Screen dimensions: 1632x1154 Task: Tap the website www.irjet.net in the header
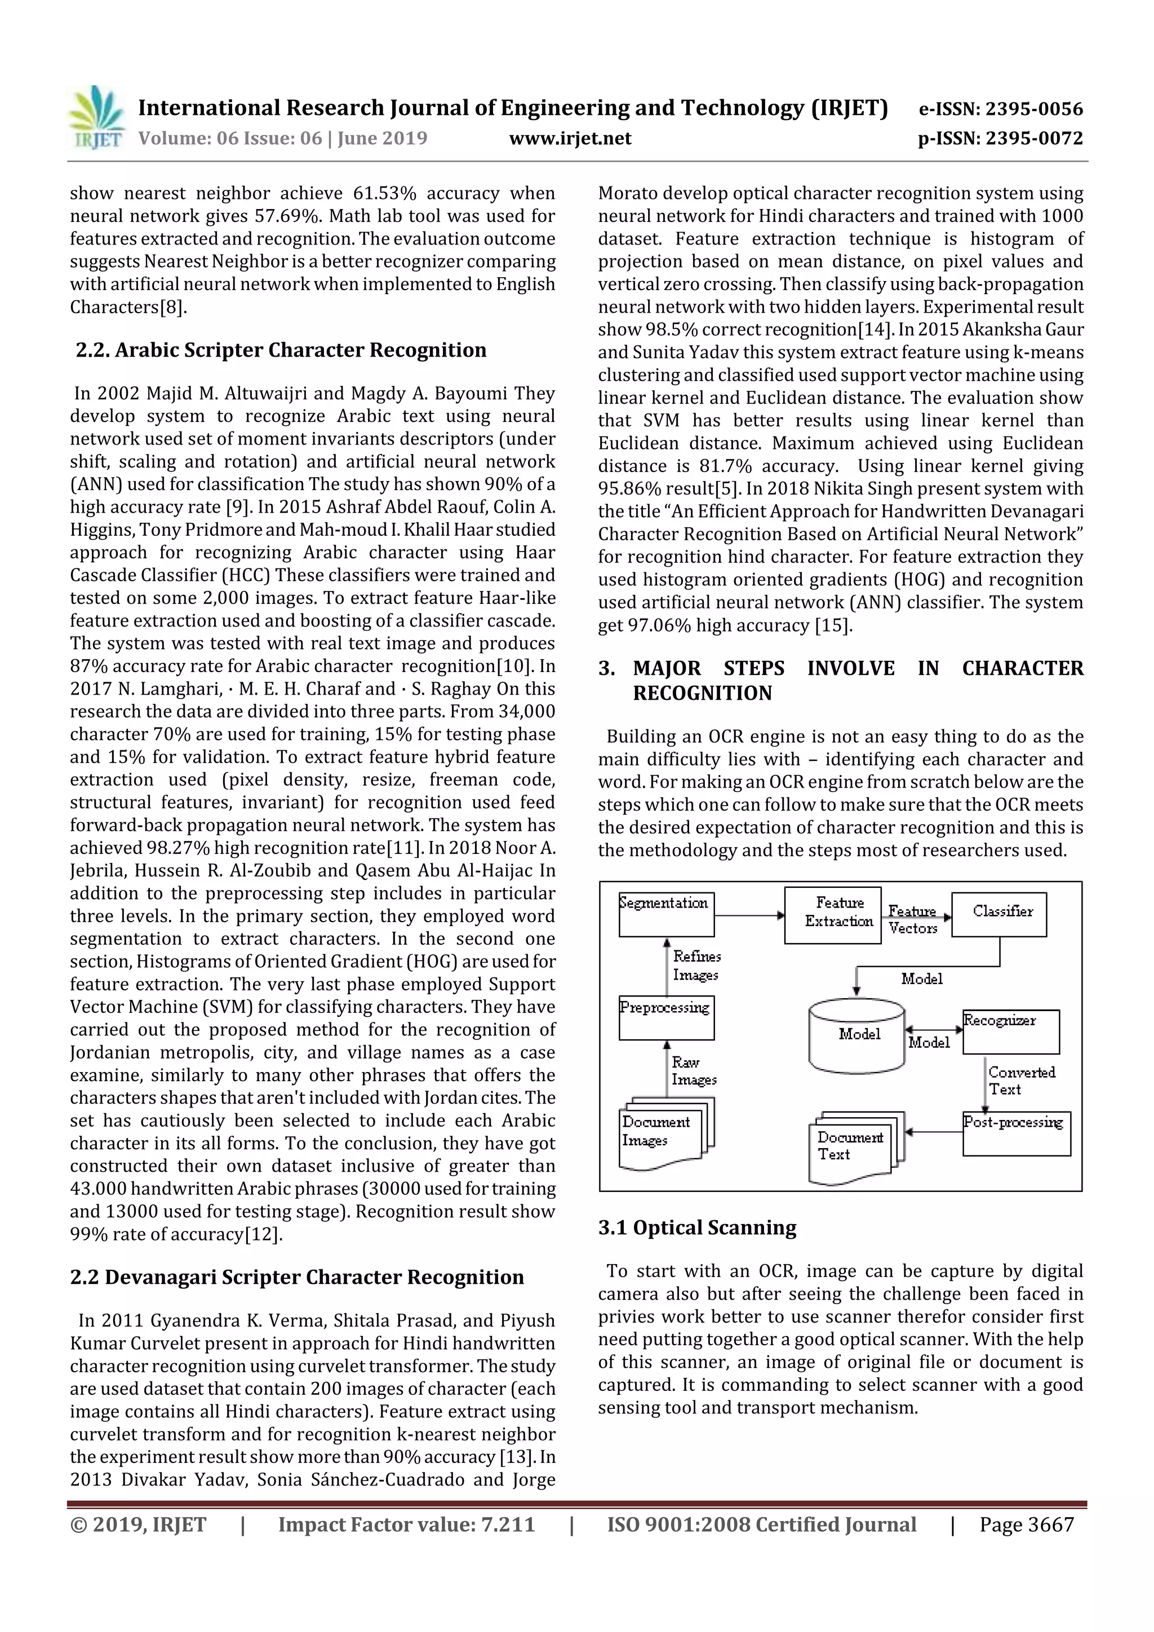pyautogui.click(x=570, y=138)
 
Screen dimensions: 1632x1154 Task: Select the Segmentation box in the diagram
pyautogui.click(x=666, y=914)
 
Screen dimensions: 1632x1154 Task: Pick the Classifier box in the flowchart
pyautogui.click(x=999, y=914)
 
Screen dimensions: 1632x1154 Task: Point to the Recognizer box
pyautogui.click(x=1010, y=1031)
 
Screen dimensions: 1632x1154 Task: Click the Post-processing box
pyautogui.click(x=1016, y=1133)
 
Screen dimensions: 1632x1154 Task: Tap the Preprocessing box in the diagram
pyautogui.click(x=666, y=1017)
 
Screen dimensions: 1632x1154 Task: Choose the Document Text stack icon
pyautogui.click(x=855, y=1147)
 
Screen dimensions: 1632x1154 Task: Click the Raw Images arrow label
pyautogui.click(x=693, y=1070)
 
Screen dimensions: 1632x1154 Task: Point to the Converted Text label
pyautogui.click(x=1020, y=1080)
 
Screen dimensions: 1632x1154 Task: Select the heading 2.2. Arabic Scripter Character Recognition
pyautogui.click(x=281, y=350)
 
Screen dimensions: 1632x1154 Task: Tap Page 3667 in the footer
pyautogui.click(x=1026, y=1524)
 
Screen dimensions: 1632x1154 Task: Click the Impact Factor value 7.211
pyautogui.click(x=507, y=1524)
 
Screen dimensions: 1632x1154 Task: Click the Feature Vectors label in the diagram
pyautogui.click(x=912, y=919)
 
